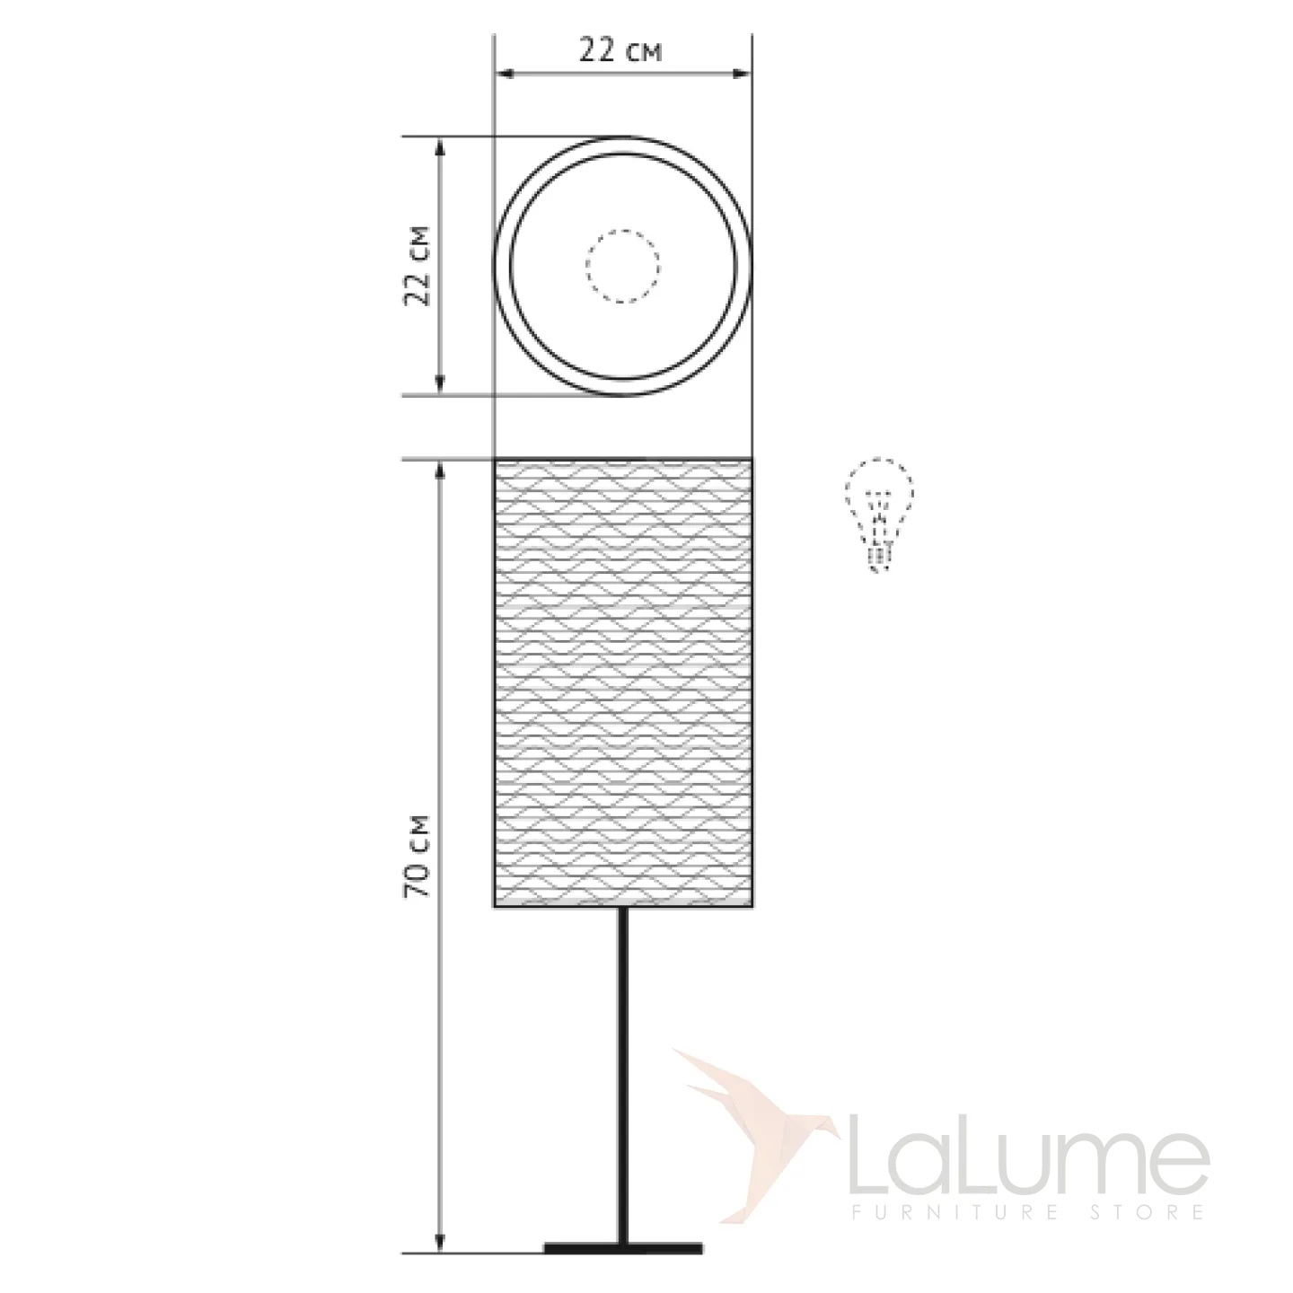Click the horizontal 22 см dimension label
[x=620, y=51]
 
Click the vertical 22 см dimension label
[x=417, y=266]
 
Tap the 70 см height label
[x=417, y=857]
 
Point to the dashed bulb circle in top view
[x=622, y=267]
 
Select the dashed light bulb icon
[x=879, y=515]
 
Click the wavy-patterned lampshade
[x=623, y=683]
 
